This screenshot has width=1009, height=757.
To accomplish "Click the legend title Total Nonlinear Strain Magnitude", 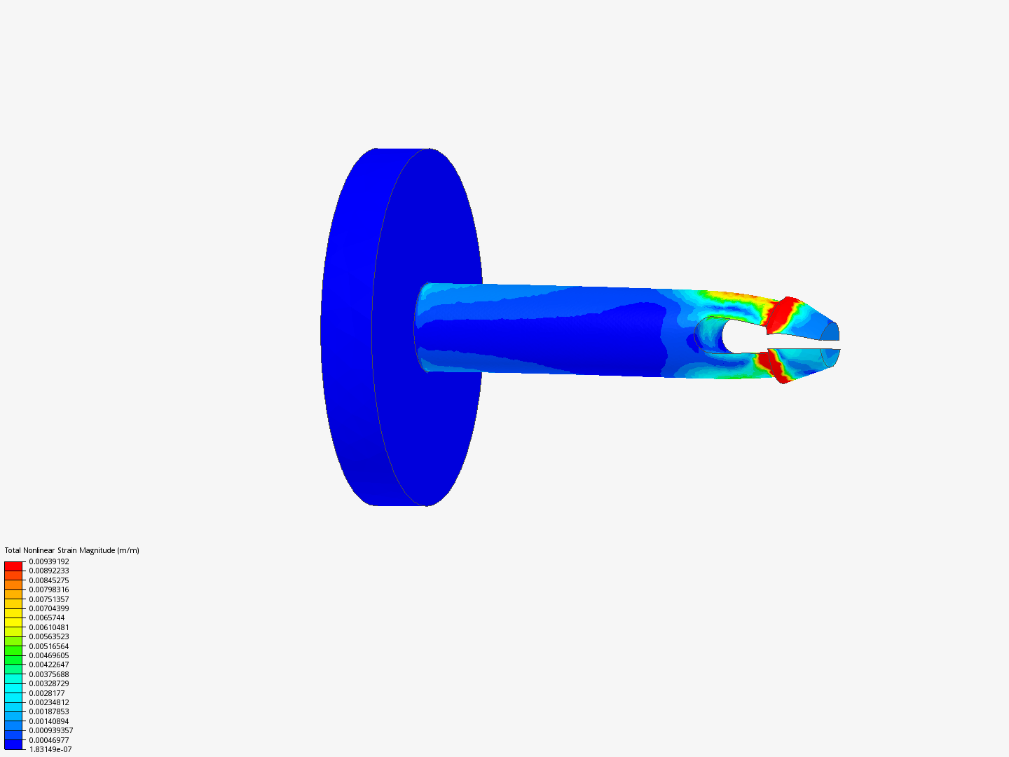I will (71, 550).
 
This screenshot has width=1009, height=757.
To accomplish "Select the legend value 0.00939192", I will (49, 561).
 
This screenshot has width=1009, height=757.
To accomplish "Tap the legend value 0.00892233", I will (49, 571).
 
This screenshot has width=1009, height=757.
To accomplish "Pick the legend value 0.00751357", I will (49, 599).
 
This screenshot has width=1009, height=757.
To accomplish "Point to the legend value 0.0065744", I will (47, 618).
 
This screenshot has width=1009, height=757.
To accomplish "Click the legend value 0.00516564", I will (49, 646).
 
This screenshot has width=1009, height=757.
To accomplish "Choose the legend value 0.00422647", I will (49, 664).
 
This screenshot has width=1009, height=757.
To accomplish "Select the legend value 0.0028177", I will (47, 693).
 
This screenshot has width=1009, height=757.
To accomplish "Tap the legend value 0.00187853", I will (49, 711).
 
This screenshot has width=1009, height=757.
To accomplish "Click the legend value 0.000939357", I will (51, 730).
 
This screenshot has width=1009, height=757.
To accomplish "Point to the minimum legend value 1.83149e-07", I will (50, 749).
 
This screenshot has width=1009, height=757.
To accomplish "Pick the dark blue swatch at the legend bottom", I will (13, 744).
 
